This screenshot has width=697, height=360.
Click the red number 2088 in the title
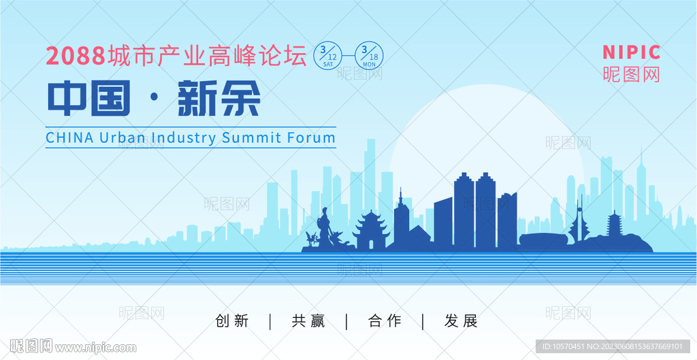click(76, 56)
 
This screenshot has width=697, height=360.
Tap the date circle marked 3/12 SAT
click(327, 56)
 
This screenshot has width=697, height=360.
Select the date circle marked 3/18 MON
click(369, 56)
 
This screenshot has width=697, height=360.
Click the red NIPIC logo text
click(631, 52)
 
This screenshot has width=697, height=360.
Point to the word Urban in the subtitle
click(123, 137)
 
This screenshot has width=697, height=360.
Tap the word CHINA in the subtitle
click(69, 137)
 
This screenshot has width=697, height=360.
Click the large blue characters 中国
click(88, 98)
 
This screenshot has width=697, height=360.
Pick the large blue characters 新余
click(218, 98)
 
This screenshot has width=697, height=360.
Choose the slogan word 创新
click(232, 321)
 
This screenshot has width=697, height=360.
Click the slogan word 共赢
click(308, 321)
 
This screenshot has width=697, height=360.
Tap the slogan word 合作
click(385, 321)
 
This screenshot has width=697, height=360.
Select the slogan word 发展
click(461, 321)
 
